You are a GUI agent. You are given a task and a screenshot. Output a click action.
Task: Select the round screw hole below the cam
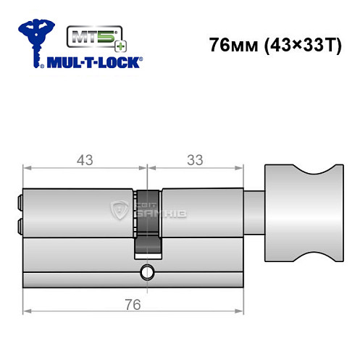pos(148,273)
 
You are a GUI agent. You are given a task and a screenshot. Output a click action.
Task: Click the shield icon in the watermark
pos(119,211)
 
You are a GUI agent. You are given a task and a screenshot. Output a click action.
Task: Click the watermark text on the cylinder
pos(151,211)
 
